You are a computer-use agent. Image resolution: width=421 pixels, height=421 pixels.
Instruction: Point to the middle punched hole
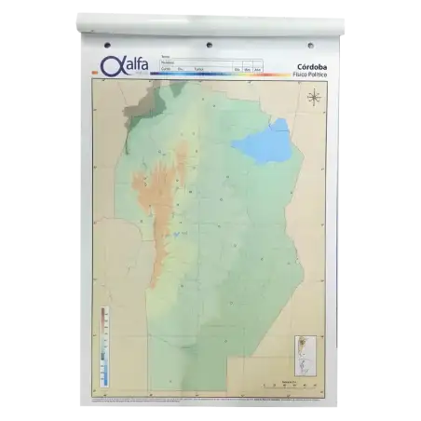coord(209,45)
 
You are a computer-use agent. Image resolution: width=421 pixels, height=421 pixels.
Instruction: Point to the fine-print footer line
coord(210,400)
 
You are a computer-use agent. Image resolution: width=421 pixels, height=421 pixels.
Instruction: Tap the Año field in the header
coord(258,70)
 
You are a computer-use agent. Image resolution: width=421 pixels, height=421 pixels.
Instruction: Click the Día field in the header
coord(238,70)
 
